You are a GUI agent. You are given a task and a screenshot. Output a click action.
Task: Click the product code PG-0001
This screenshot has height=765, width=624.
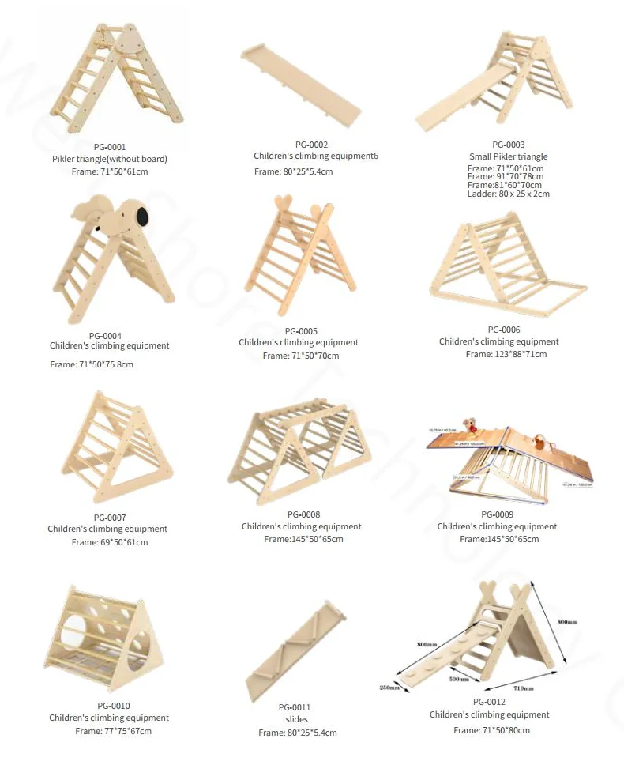click(109, 147)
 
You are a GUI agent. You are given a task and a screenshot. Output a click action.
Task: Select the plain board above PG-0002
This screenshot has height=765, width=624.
click(300, 83)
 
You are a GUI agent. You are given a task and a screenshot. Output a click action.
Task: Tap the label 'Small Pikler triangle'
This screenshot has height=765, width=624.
click(508, 156)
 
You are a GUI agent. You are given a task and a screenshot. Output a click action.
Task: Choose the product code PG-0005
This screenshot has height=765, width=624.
click(301, 330)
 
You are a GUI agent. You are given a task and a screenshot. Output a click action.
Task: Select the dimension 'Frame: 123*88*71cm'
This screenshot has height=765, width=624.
click(506, 354)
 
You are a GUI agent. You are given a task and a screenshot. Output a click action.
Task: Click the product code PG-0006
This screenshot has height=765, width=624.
click(504, 330)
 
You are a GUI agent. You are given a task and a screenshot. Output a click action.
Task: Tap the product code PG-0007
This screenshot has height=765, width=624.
click(107, 517)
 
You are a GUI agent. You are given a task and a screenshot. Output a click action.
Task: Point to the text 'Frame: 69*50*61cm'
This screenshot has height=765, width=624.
click(109, 542)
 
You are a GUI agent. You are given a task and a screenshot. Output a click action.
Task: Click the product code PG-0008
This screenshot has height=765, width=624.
click(303, 514)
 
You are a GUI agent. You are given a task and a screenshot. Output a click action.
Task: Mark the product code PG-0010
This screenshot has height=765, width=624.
click(114, 706)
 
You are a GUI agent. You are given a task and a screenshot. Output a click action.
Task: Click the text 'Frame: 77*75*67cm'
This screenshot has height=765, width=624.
click(113, 731)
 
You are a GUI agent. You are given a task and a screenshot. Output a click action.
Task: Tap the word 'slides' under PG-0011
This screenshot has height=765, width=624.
click(297, 719)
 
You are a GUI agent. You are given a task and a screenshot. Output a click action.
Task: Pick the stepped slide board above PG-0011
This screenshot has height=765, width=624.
click(295, 650)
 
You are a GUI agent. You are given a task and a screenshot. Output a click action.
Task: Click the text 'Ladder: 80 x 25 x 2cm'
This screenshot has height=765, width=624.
click(508, 194)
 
